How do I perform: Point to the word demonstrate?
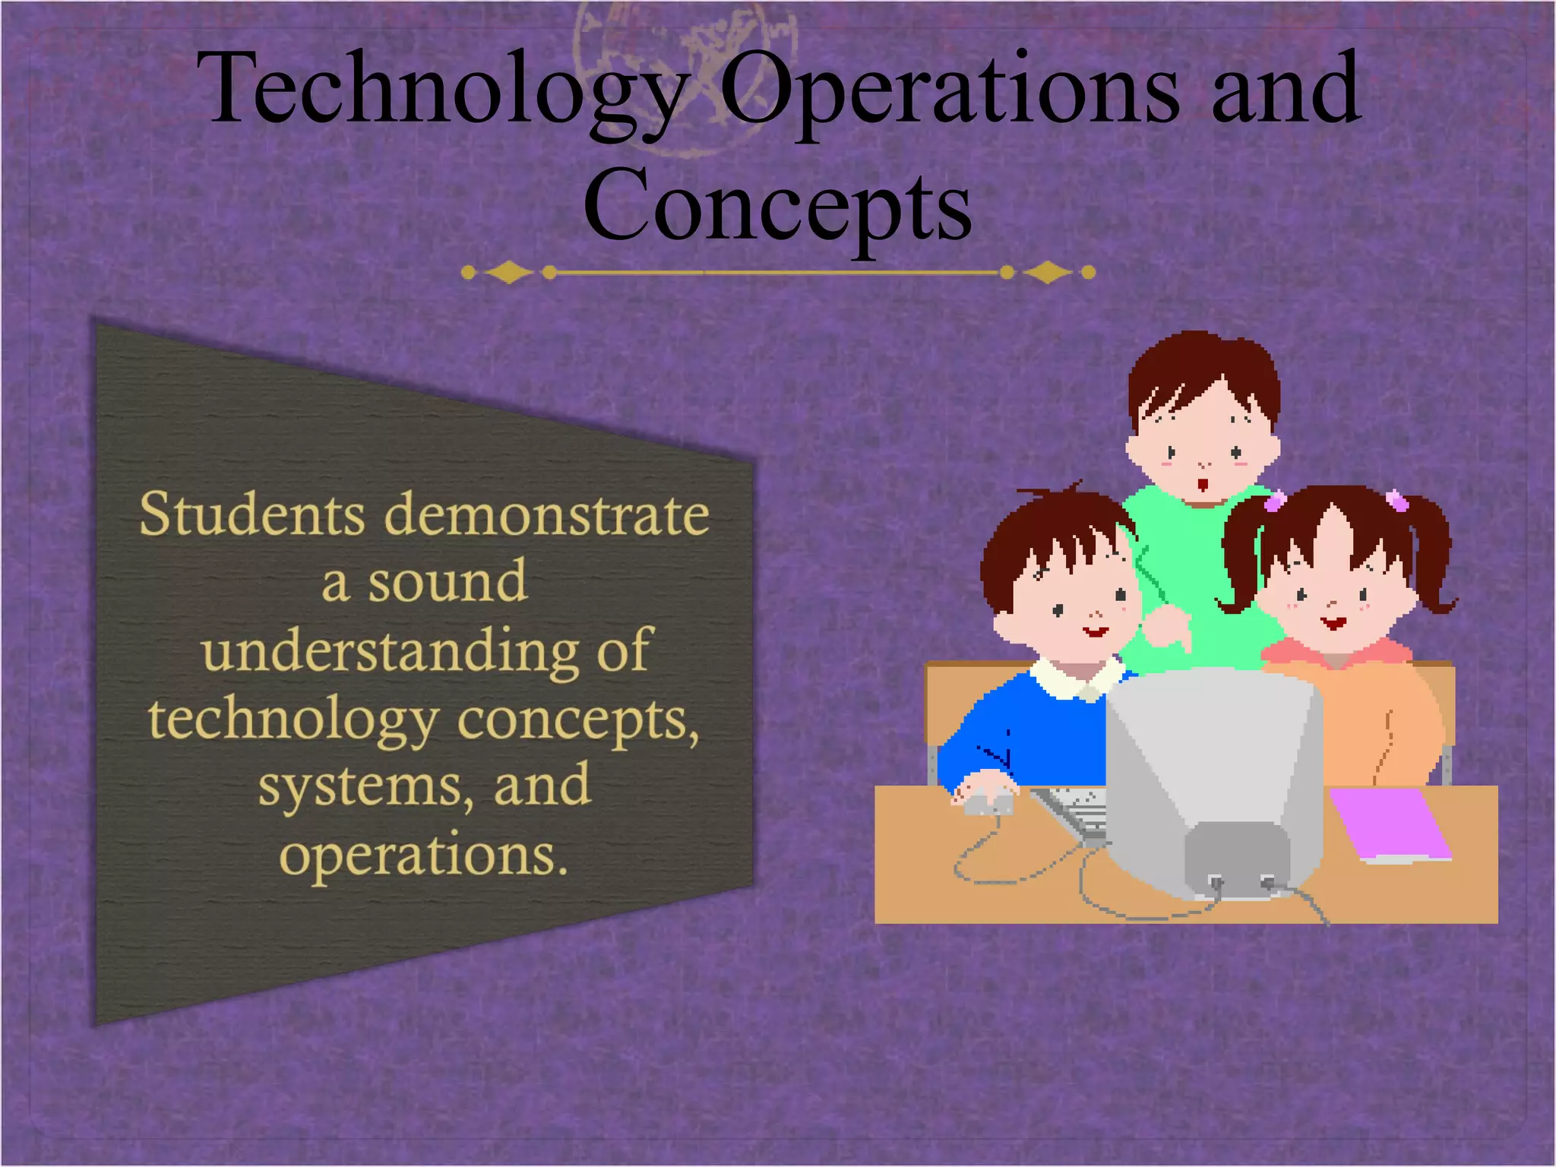tap(546, 514)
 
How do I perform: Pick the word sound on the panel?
tap(448, 582)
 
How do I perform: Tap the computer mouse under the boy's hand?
tap(985, 799)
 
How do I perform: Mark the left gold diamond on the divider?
tap(508, 272)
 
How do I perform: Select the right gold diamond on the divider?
tap(1048, 272)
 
